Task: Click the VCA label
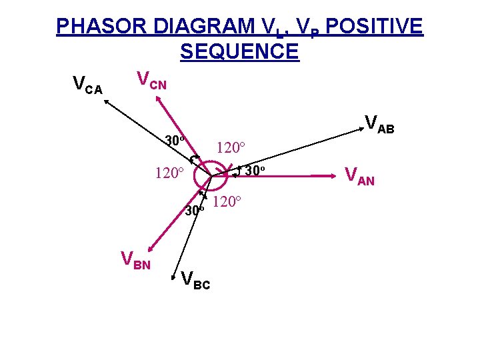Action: pos(87,85)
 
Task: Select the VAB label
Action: pos(379,124)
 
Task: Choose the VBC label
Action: pos(195,281)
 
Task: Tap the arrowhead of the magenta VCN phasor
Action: pos(157,97)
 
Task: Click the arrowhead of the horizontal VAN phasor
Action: pos(335,176)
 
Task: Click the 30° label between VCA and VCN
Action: pos(175,141)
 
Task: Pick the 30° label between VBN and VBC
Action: pos(194,211)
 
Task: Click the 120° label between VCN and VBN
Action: pos(169,173)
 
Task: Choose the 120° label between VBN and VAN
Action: pos(228,201)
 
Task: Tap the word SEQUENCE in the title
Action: pos(239,51)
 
